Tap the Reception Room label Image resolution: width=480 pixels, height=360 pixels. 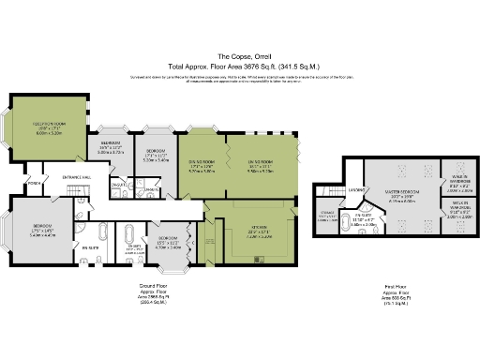point(49,127)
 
